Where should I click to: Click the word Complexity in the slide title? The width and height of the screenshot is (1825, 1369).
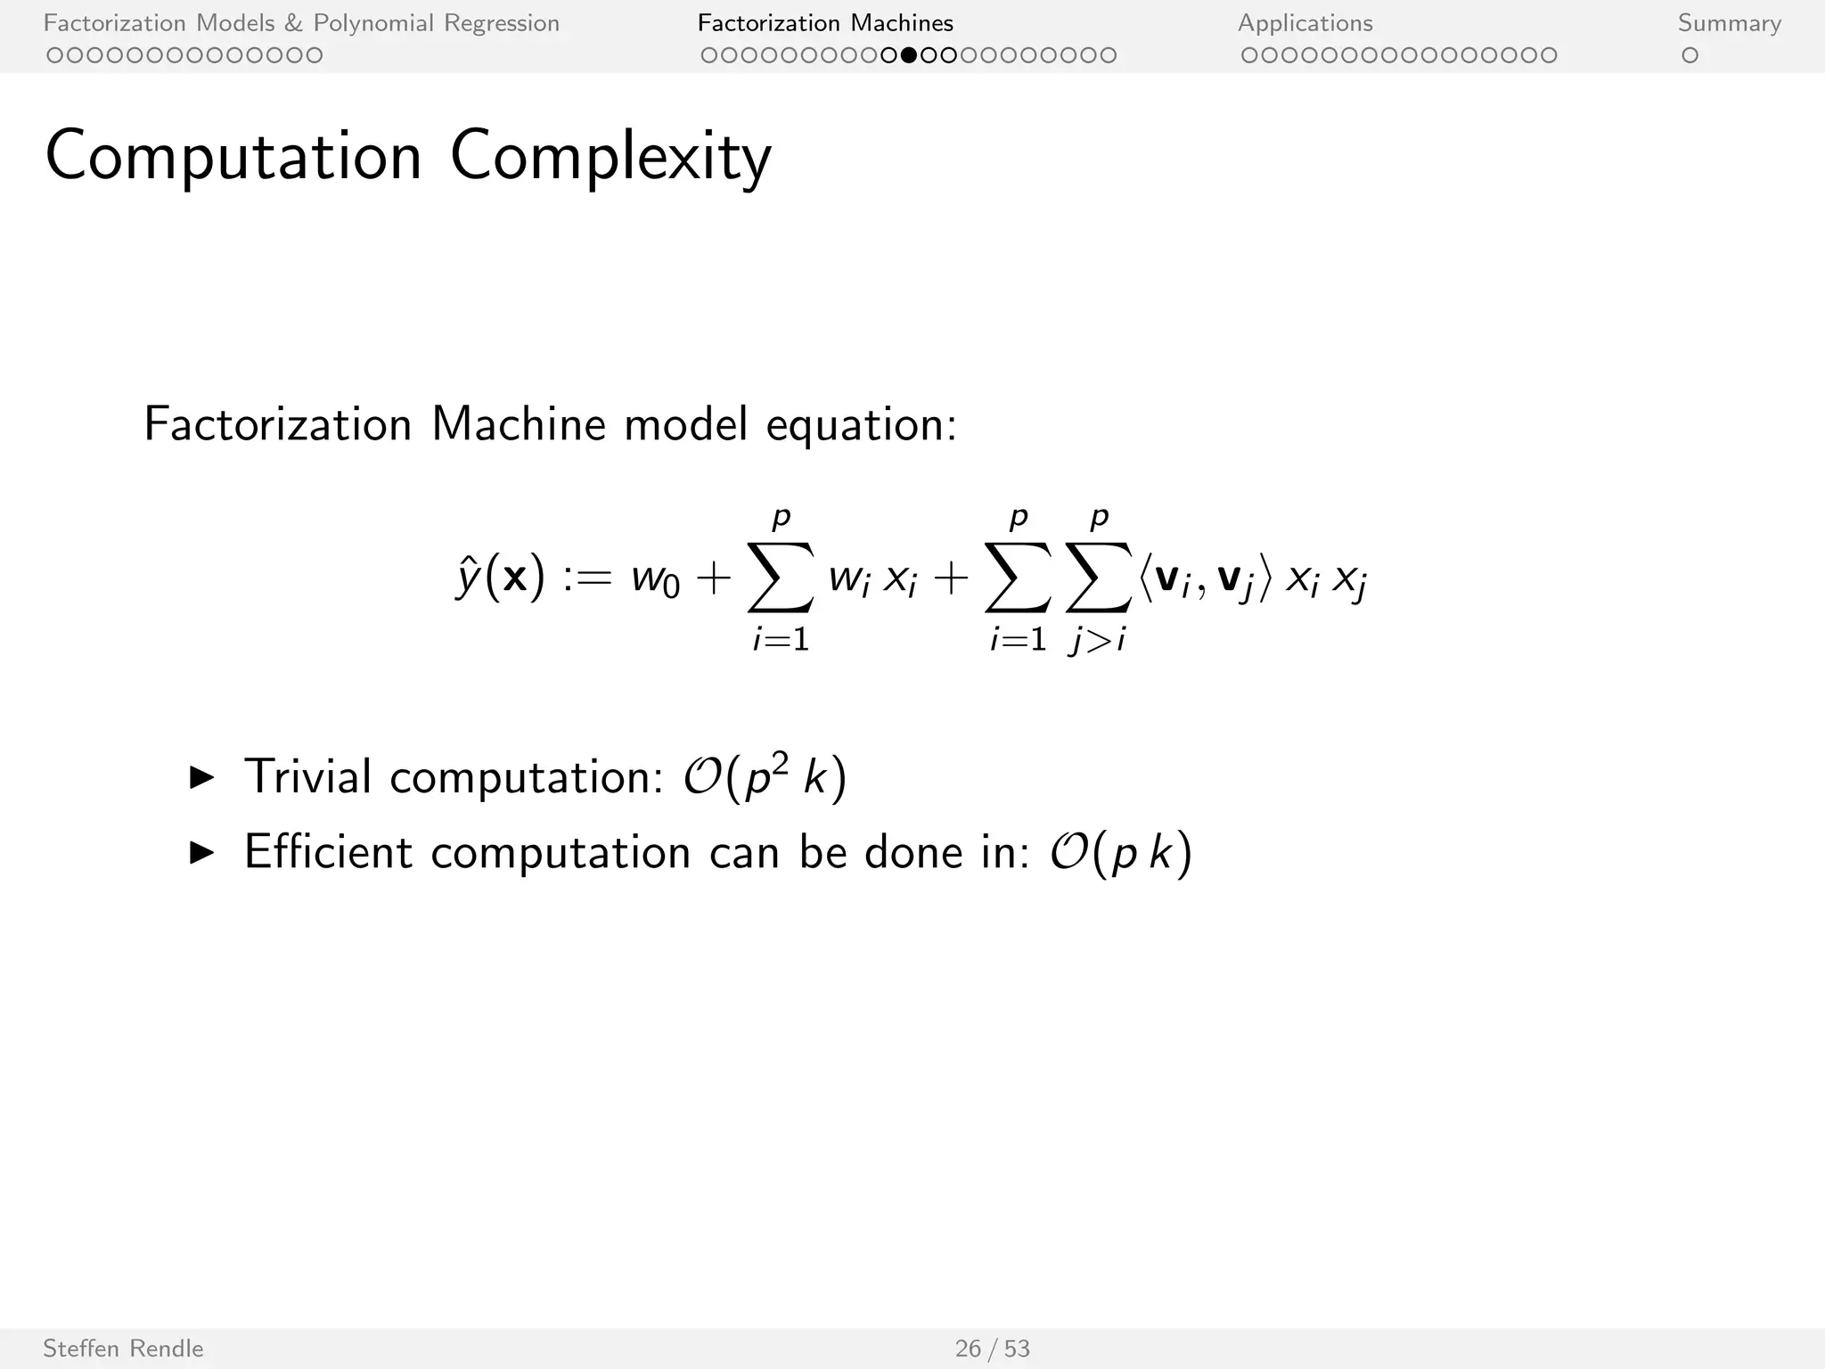coord(610,158)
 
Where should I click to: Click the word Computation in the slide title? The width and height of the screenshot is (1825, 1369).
coord(233,158)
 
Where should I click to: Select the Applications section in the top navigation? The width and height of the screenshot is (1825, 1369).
coord(1305,23)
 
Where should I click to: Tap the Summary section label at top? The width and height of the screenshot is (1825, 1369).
coord(1729,23)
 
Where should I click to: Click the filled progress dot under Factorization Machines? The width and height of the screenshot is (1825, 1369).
coord(908,55)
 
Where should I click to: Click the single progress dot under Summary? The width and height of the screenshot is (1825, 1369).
coord(1689,55)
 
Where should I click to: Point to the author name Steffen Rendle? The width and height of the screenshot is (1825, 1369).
coord(123,1349)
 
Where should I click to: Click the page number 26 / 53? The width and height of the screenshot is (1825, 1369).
coord(992,1349)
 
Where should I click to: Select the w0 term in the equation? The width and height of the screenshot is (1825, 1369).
coord(655,580)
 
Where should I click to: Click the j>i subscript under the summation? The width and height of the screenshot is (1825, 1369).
coord(1098,639)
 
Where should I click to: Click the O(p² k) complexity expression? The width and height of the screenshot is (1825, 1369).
coord(765,776)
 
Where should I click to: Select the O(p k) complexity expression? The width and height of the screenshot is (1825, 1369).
coord(1120,853)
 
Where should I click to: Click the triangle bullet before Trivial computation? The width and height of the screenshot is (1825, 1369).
coord(202,777)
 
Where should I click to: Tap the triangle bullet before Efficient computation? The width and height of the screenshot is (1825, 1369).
coord(202,853)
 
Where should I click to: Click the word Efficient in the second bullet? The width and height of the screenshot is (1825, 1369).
coord(328,852)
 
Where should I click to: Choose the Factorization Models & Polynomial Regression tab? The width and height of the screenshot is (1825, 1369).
coord(301,23)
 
